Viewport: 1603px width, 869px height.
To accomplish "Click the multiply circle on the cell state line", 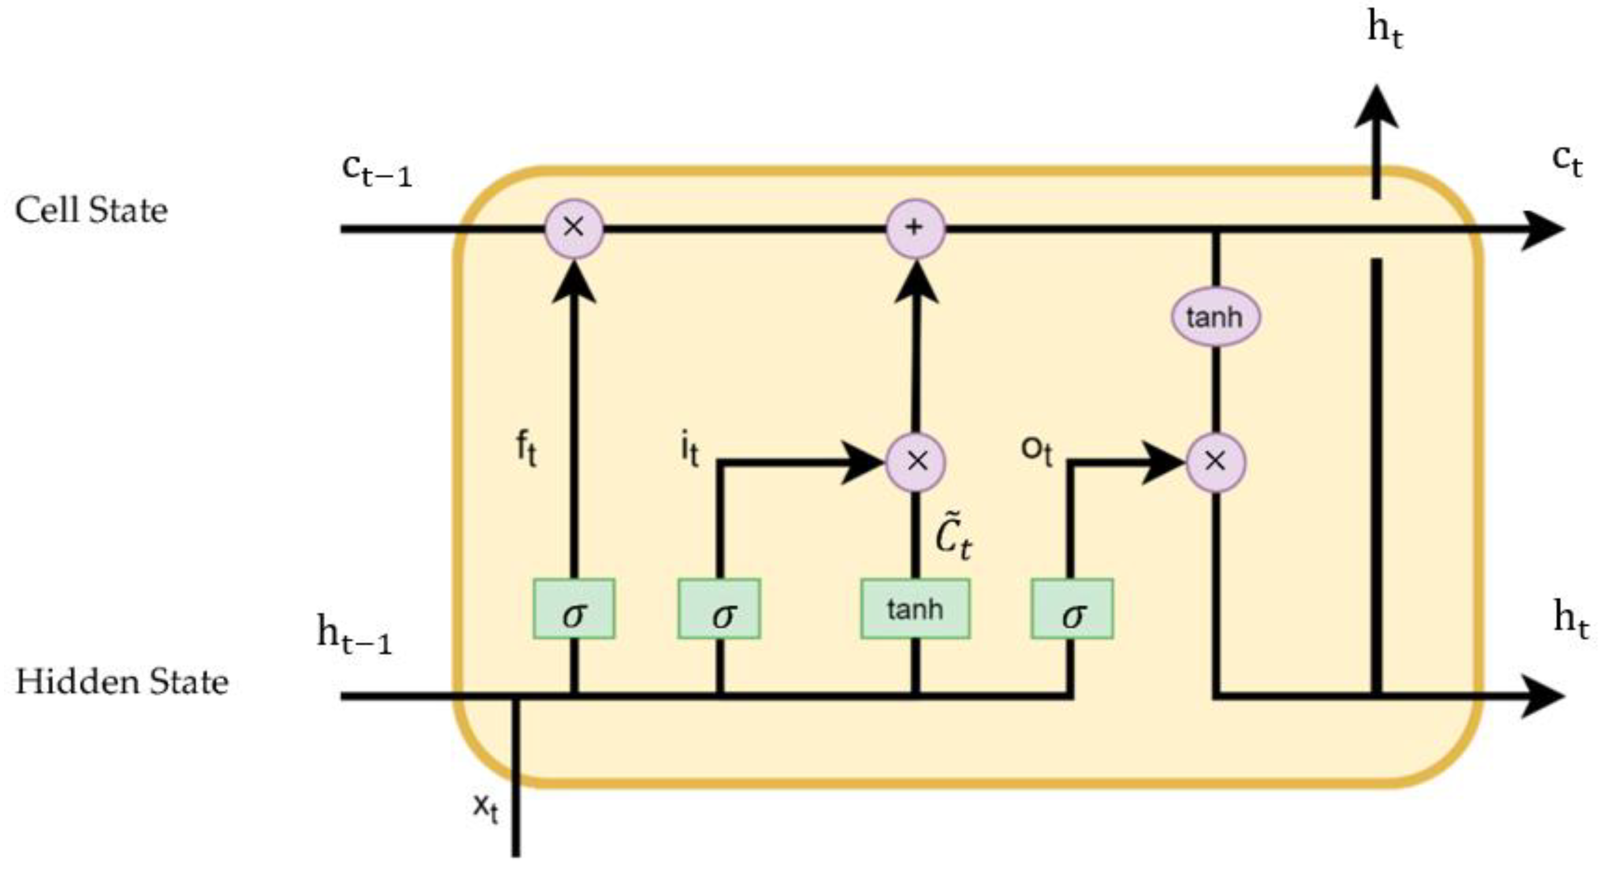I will click(x=574, y=228).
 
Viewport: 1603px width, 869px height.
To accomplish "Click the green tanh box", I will click(x=915, y=609).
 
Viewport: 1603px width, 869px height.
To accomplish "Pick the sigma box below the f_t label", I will click(x=574, y=609).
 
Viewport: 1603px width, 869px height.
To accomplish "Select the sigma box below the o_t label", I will click(x=1072, y=609).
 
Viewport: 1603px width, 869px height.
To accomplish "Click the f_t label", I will click(x=526, y=449).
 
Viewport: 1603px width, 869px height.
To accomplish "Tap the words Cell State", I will click(x=91, y=210).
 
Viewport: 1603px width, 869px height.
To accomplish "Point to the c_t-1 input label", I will click(x=377, y=171).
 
